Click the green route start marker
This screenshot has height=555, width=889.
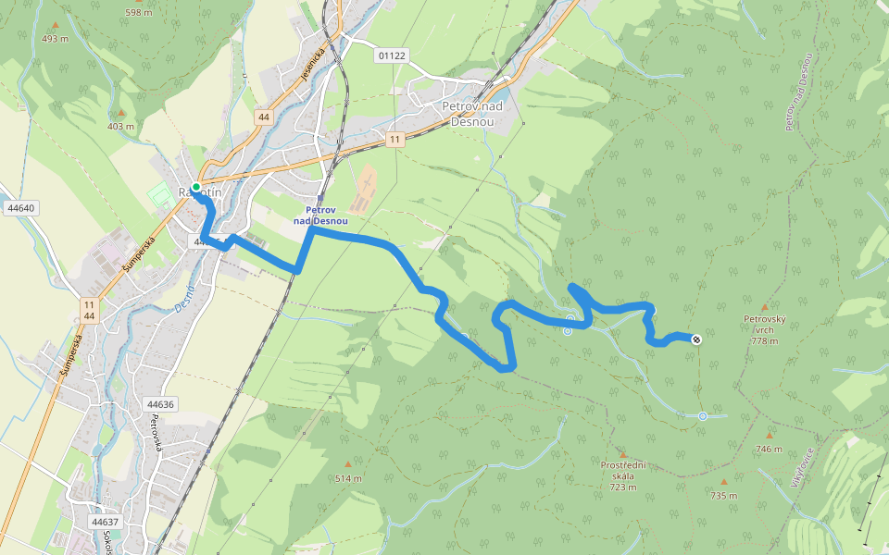pyautogui.click(x=196, y=187)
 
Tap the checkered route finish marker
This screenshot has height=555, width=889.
pyautogui.click(x=695, y=339)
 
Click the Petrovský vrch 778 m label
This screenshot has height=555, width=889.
pyautogui.click(x=765, y=329)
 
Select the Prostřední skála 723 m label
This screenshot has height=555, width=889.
pyautogui.click(x=623, y=475)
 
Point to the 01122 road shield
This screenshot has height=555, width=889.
pyautogui.click(x=392, y=55)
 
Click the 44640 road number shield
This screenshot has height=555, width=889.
pyautogui.click(x=19, y=208)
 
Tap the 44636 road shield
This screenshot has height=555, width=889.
pyautogui.click(x=160, y=404)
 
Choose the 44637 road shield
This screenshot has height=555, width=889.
pyautogui.click(x=106, y=522)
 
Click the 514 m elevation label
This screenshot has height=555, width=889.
pyautogui.click(x=348, y=478)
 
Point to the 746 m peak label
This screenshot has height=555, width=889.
pyautogui.click(x=769, y=449)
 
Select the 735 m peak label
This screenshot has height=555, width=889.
pyautogui.click(x=723, y=496)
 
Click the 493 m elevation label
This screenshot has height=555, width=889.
pyautogui.click(x=56, y=39)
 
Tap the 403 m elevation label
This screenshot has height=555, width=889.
pyautogui.click(x=120, y=127)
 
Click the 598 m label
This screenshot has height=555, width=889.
pyautogui.click(x=138, y=13)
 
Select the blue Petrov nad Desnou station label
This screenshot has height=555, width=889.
pyautogui.click(x=320, y=216)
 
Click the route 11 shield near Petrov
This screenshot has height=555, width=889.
pyautogui.click(x=395, y=140)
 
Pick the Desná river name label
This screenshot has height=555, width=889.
pyautogui.click(x=184, y=302)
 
